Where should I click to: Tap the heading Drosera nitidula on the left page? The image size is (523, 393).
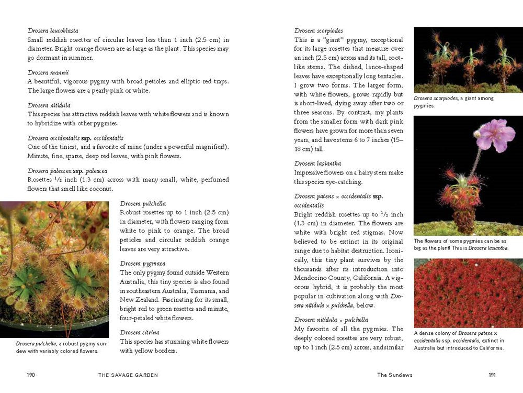(50, 105)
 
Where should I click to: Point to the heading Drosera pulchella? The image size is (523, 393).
(143, 203)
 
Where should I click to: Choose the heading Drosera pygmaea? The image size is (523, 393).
(142, 264)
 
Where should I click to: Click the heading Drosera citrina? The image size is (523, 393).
(140, 332)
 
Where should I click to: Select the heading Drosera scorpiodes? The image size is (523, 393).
(319, 31)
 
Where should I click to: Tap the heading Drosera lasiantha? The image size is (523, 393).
(317, 163)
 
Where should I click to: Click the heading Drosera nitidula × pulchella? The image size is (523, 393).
(331, 320)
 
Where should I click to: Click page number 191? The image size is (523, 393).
(492, 375)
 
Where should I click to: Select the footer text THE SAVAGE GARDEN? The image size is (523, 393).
(128, 375)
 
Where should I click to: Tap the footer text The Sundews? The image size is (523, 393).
(394, 375)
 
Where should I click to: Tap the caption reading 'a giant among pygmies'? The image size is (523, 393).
(453, 102)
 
